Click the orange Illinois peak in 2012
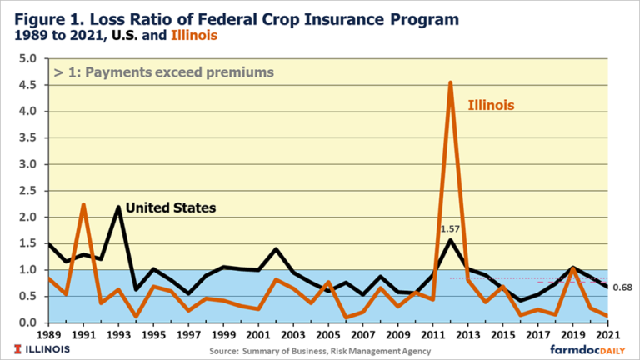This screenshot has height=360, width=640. pyautogui.click(x=451, y=82)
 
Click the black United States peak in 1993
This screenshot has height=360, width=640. pyautogui.click(x=118, y=207)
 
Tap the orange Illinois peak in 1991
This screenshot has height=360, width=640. pyautogui.click(x=84, y=204)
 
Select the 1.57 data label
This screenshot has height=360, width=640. pyautogui.click(x=451, y=227)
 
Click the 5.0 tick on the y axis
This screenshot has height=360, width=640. pyautogui.click(x=27, y=59)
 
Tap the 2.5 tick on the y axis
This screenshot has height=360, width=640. pyautogui.click(x=27, y=191)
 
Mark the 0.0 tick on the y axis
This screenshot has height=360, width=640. pyautogui.click(x=27, y=322)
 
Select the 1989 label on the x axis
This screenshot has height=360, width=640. pyautogui.click(x=50, y=335)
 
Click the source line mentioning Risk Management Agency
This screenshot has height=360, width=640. pyautogui.click(x=320, y=350)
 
